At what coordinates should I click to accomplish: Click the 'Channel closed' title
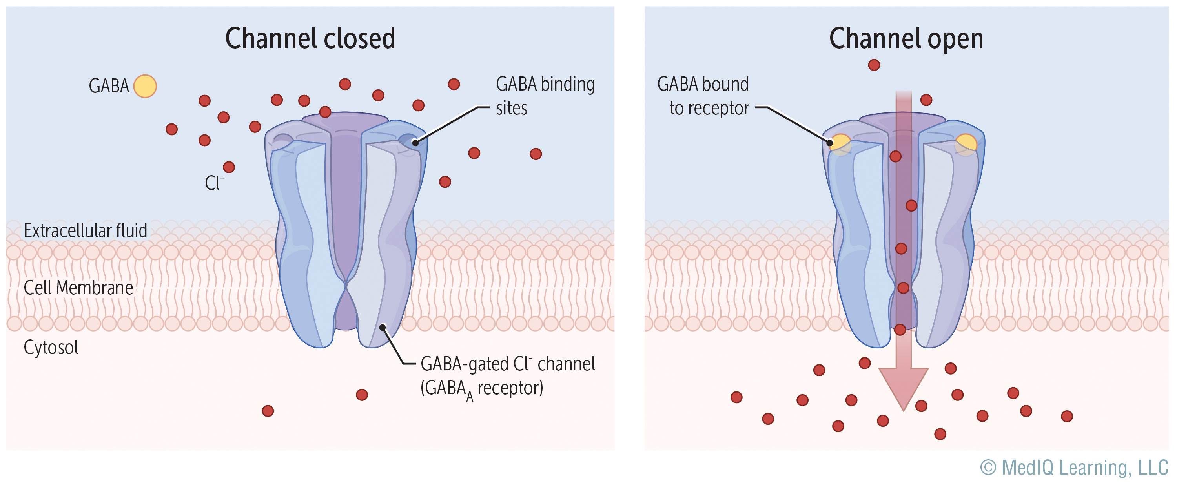pyautogui.click(x=310, y=38)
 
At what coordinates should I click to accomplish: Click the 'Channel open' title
pyautogui.click(x=906, y=38)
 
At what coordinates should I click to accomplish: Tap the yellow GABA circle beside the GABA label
pyautogui.click(x=145, y=86)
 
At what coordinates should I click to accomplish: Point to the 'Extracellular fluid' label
pyautogui.click(x=86, y=231)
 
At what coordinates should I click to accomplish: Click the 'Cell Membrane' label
pyautogui.click(x=78, y=288)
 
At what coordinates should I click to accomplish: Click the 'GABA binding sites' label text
pyautogui.click(x=545, y=96)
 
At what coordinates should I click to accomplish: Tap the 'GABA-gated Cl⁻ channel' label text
pyautogui.click(x=507, y=364)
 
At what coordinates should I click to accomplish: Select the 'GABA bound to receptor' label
pyautogui.click(x=703, y=96)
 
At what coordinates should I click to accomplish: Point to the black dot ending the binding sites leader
pyautogui.click(x=415, y=143)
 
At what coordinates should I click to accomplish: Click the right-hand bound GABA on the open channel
pyautogui.click(x=966, y=143)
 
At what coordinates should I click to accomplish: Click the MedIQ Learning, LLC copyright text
pyautogui.click(x=1074, y=468)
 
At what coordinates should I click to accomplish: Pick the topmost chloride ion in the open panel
pyautogui.click(x=874, y=65)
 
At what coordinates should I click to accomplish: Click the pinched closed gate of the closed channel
pyautogui.click(x=347, y=288)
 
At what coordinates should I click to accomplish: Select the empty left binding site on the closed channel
pyautogui.click(x=283, y=140)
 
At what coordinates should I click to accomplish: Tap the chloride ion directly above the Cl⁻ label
pyautogui.click(x=229, y=167)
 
